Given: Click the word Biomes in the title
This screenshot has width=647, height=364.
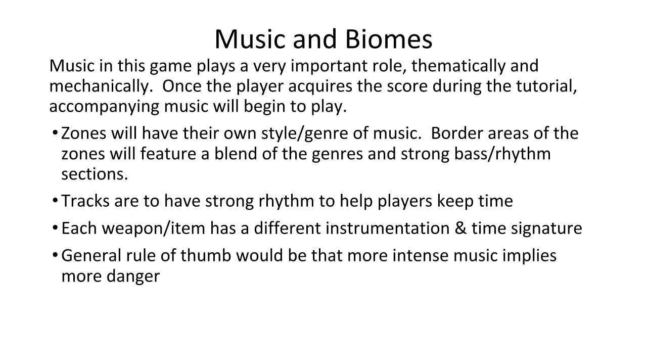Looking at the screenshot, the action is point(389,39).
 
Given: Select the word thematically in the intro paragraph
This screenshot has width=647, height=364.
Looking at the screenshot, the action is point(458,66).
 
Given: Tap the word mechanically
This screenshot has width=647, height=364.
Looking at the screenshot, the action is point(101,86).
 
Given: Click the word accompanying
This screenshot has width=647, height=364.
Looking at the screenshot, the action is point(104,107).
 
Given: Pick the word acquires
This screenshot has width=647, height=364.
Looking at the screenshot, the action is point(320,86).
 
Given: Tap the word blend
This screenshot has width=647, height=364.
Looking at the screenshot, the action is point(236,154).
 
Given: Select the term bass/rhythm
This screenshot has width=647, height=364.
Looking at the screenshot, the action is point(502,154).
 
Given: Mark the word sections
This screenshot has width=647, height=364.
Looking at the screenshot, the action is point(95,174).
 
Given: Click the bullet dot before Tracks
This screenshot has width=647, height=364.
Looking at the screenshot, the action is point(55,200).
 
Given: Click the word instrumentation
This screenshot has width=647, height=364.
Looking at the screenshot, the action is point(388,228).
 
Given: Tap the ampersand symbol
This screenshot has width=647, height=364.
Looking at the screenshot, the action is point(460,228).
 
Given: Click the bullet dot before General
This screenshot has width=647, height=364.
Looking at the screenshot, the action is point(55,255).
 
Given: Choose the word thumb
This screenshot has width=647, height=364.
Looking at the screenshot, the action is point(206,255).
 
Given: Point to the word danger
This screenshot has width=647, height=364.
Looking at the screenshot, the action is point(133,277).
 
